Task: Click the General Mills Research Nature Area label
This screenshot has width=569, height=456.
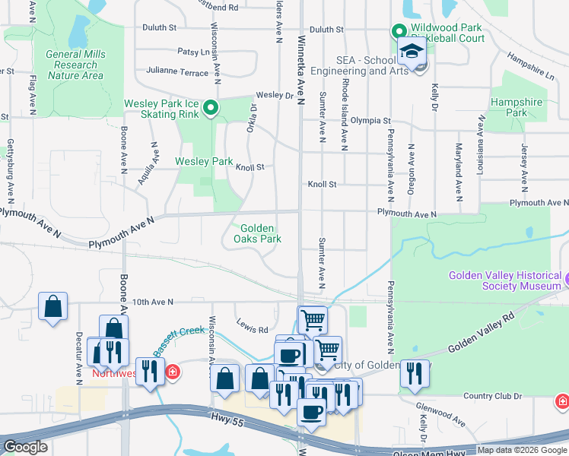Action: [x=75, y=65]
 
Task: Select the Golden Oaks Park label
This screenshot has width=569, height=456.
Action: [x=261, y=233]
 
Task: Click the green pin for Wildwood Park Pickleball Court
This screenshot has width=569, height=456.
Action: [x=398, y=32]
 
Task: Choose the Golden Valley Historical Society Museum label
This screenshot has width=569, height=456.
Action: [x=504, y=280]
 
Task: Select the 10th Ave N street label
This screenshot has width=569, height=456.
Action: [x=152, y=302]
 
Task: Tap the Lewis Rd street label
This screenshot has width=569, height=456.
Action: [x=252, y=330]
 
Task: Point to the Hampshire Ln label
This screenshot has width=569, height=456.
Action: [x=529, y=65]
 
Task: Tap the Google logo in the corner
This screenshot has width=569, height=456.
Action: [x=25, y=447]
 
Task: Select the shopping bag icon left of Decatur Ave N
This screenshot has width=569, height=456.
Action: [x=52, y=307]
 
